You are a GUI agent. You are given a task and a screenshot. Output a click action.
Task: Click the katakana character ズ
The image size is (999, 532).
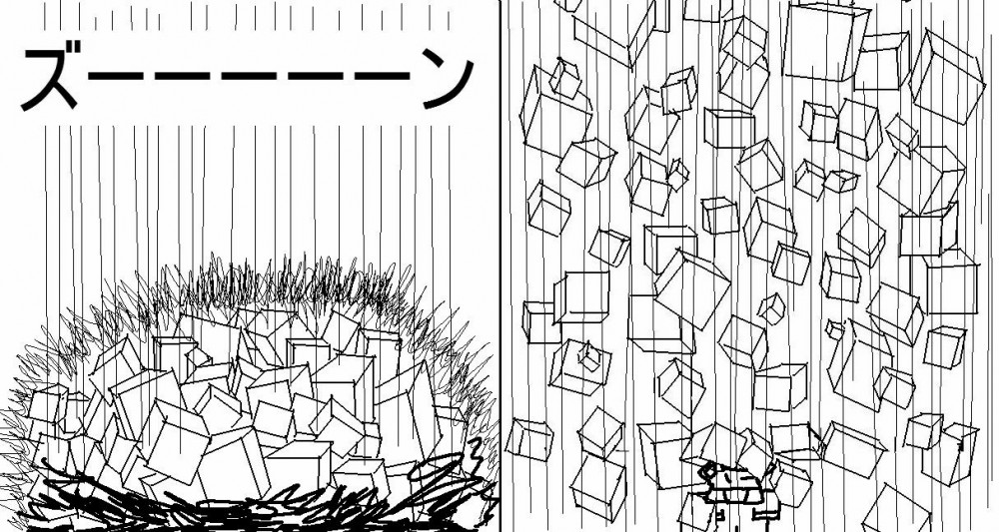tap(51, 80)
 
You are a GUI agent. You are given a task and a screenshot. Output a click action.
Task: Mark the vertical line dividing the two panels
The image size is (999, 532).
tap(500, 266)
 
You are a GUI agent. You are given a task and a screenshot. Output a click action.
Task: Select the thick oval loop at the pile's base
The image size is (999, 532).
tap(440, 469)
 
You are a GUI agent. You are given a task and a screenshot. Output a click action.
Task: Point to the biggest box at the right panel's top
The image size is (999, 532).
tap(825, 41)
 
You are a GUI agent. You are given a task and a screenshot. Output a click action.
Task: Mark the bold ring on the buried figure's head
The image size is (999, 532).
tap(709, 471)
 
